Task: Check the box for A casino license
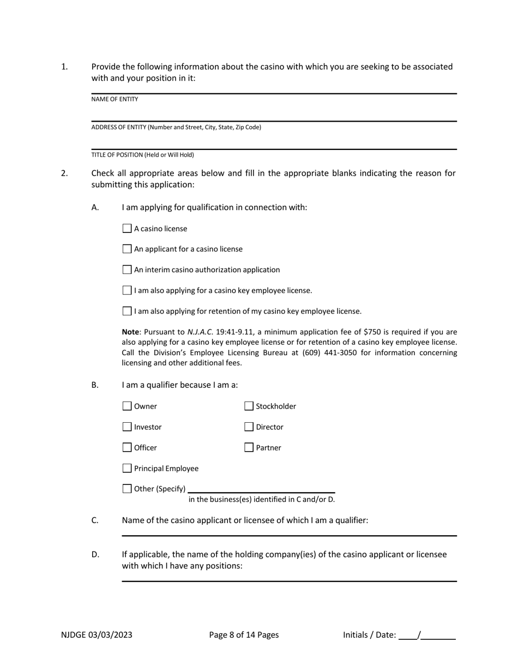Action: (x=127, y=229)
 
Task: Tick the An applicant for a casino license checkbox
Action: (x=127, y=249)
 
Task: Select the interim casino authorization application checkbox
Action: (x=127, y=269)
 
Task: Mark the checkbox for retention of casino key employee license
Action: (x=127, y=311)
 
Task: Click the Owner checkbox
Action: (x=127, y=406)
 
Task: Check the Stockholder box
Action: (x=249, y=406)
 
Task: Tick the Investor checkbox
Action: (x=127, y=427)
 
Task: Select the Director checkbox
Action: (x=249, y=427)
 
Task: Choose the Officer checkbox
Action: (x=127, y=447)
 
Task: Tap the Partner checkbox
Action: (x=249, y=447)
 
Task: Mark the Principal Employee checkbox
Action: (x=127, y=468)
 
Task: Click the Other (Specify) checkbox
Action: (x=127, y=489)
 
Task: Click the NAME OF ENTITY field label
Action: (x=115, y=99)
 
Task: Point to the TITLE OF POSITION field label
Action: (x=142, y=155)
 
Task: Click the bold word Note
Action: (x=130, y=332)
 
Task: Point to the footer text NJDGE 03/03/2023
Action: (x=97, y=634)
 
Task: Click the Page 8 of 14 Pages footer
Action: (x=244, y=634)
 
